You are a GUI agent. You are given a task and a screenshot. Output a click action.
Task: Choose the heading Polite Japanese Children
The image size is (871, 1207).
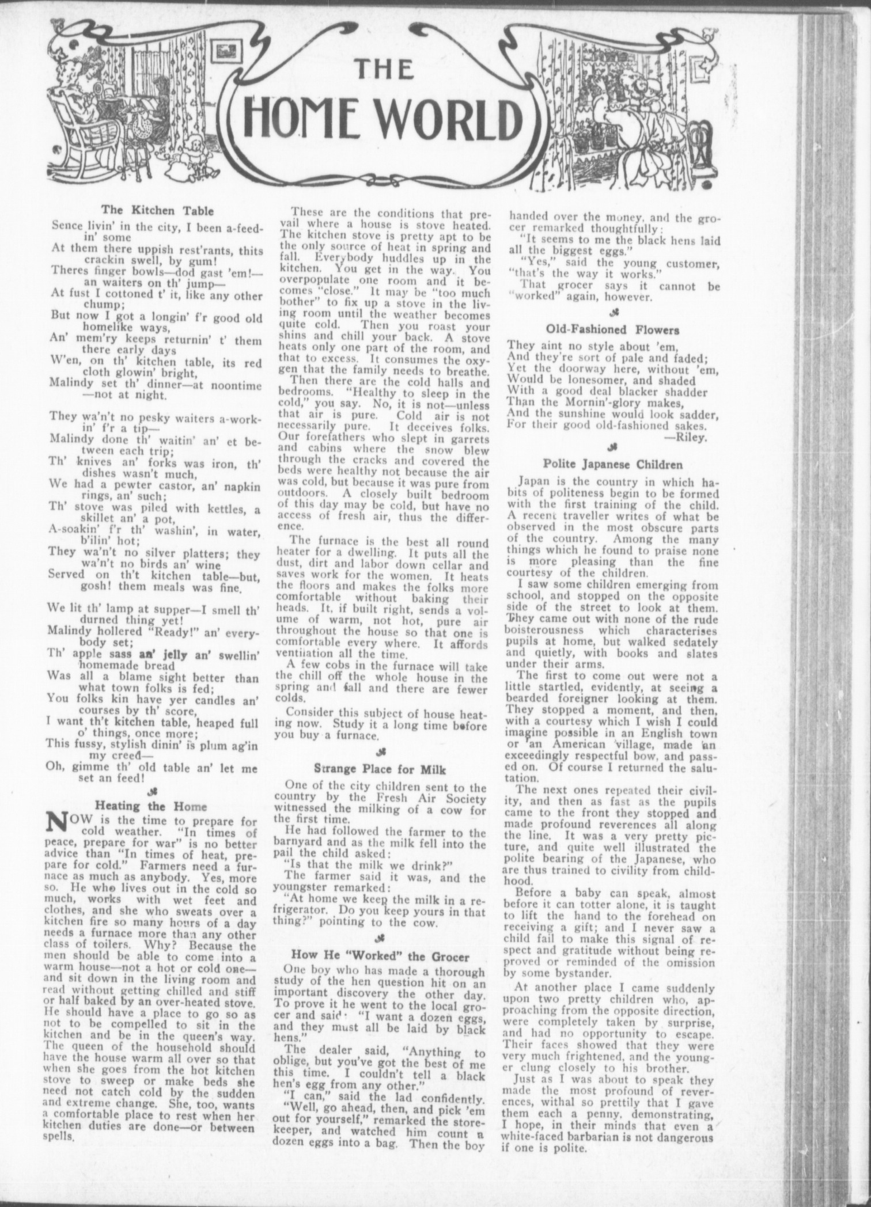pos(613,464)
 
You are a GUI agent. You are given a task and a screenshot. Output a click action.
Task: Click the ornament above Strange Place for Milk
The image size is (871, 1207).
pos(380,751)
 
